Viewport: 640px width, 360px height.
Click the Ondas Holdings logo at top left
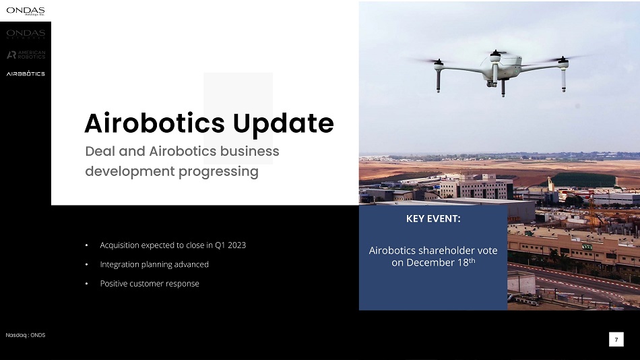[x=26, y=11]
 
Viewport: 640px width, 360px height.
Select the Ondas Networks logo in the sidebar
[x=26, y=34]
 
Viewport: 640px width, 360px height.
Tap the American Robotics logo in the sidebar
[x=26, y=55]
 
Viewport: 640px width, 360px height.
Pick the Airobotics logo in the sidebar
[x=26, y=73]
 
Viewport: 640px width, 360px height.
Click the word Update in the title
[x=283, y=123]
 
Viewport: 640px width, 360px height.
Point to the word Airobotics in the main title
[x=155, y=123]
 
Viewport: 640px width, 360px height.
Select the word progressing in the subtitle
[x=218, y=172]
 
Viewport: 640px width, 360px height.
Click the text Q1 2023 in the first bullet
[x=230, y=245]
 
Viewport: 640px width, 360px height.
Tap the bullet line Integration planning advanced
[x=154, y=264]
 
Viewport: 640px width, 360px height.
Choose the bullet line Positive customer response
[x=150, y=284]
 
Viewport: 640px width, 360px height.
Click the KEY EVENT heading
[x=433, y=218]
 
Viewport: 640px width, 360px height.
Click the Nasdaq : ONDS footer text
[x=26, y=335]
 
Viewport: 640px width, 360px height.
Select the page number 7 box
[x=616, y=340]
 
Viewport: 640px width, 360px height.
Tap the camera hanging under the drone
[x=491, y=84]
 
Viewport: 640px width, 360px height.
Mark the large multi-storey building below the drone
[x=476, y=187]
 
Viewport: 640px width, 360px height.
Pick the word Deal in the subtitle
[x=100, y=152]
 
